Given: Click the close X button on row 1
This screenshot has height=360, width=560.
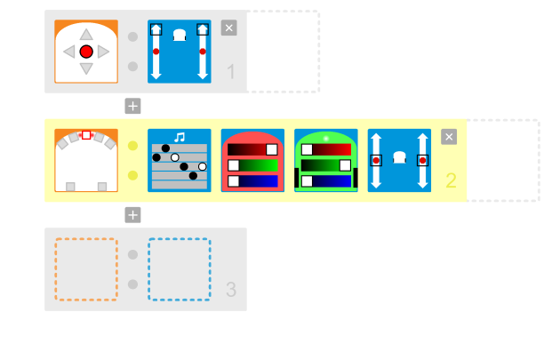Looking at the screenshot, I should [x=228, y=28].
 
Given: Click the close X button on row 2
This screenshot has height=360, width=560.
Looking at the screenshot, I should [x=449, y=136].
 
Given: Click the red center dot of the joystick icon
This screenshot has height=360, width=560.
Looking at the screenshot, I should [x=86, y=52].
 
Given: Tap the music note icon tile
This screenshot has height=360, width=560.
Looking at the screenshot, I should [x=180, y=160].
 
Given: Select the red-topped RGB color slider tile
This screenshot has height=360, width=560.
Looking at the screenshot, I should [x=252, y=160].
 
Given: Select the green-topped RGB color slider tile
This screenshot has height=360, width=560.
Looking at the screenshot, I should [x=325, y=160].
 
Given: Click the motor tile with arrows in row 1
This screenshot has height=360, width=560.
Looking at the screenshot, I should [x=180, y=52].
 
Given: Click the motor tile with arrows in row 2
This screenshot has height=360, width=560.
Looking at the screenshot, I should [x=399, y=160].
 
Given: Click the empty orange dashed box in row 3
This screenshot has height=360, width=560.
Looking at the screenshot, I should [x=86, y=269].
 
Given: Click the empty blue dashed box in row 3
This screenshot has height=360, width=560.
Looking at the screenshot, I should [x=180, y=269].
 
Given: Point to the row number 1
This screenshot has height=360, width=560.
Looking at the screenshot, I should [x=231, y=73].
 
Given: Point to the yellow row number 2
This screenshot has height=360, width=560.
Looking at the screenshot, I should [x=451, y=181].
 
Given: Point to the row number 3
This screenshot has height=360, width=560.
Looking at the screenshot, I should [x=231, y=290].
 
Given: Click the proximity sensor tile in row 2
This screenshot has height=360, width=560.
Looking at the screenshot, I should [x=86, y=160].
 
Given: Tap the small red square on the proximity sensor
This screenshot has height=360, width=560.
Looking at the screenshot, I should [x=86, y=135].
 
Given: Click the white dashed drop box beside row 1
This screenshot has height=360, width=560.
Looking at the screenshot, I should [x=283, y=52].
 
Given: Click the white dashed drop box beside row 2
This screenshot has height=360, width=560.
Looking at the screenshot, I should [x=503, y=160].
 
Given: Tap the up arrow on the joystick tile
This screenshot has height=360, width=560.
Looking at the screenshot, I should [x=86, y=35].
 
